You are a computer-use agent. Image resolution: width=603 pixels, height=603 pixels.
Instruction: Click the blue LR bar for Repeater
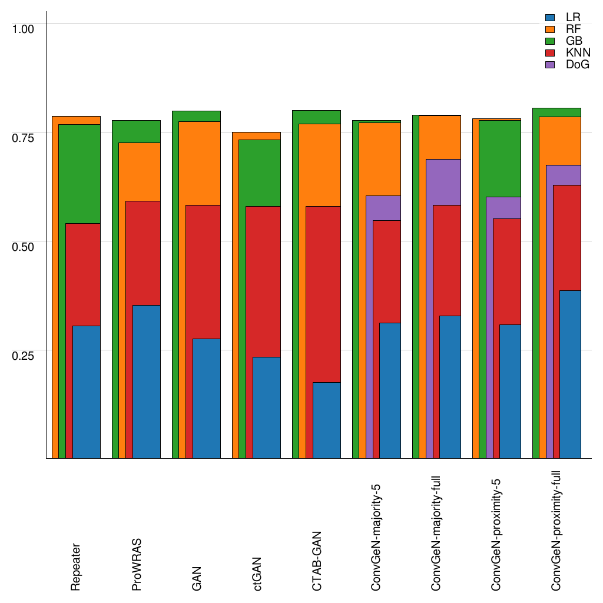[86, 392]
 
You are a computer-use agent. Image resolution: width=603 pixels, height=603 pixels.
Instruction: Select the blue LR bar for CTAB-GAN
[326, 420]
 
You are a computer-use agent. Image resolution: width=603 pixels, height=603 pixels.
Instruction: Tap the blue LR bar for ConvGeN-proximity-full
[570, 374]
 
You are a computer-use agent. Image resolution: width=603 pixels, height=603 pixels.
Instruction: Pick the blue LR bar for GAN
[206, 398]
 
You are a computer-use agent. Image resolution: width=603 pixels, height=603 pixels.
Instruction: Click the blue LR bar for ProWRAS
[146, 382]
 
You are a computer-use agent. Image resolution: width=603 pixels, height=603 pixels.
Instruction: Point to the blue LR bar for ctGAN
[266, 407]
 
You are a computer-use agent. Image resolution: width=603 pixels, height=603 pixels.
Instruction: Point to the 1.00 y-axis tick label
[24, 28]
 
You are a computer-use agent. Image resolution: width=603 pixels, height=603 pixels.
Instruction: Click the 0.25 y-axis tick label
[24, 355]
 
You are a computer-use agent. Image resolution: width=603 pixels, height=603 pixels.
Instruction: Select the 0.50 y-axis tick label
[24, 246]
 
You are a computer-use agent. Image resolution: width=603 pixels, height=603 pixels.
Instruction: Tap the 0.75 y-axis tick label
[24, 137]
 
